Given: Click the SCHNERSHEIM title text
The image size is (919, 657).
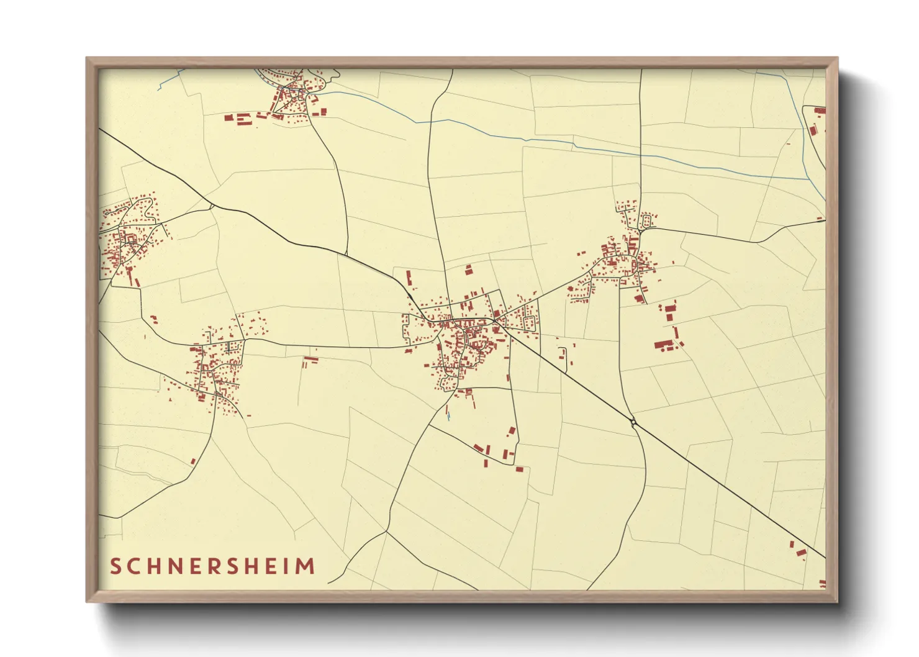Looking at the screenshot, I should [x=212, y=566].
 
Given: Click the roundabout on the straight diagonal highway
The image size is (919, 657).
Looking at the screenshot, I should [x=633, y=423].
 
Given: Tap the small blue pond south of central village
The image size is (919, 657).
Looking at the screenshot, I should [x=447, y=415].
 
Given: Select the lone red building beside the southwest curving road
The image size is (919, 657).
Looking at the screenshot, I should [x=193, y=461].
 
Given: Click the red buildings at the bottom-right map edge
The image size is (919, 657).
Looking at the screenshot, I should [x=797, y=549].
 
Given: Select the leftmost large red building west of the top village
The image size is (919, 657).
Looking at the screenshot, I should [x=228, y=117].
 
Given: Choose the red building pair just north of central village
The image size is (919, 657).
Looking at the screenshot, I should [x=468, y=270].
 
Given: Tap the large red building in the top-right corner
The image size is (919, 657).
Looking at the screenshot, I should [x=812, y=130].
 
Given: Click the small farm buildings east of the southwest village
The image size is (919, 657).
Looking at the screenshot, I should [x=310, y=360].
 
